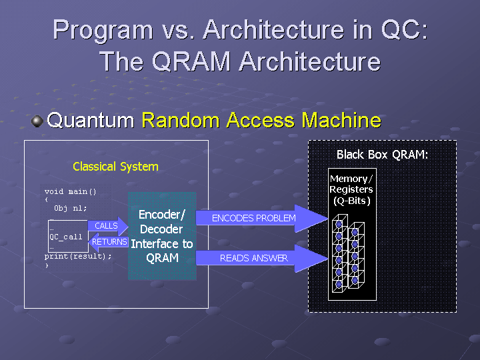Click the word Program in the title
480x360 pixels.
tap(101, 30)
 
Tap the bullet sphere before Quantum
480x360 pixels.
tap(37, 121)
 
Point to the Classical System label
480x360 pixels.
tap(115, 167)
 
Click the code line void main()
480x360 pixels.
tap(71, 192)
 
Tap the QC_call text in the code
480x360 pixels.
tap(66, 237)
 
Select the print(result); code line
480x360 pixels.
tap(78, 256)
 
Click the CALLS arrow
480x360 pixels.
tap(107, 226)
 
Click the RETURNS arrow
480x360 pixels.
tap(108, 242)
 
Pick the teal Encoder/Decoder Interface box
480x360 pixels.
tap(161, 236)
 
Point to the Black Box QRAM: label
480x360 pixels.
tap(382, 155)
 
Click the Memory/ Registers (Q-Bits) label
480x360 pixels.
tap(351, 189)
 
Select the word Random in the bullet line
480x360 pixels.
tap(180, 121)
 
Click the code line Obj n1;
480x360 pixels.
tap(71, 208)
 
